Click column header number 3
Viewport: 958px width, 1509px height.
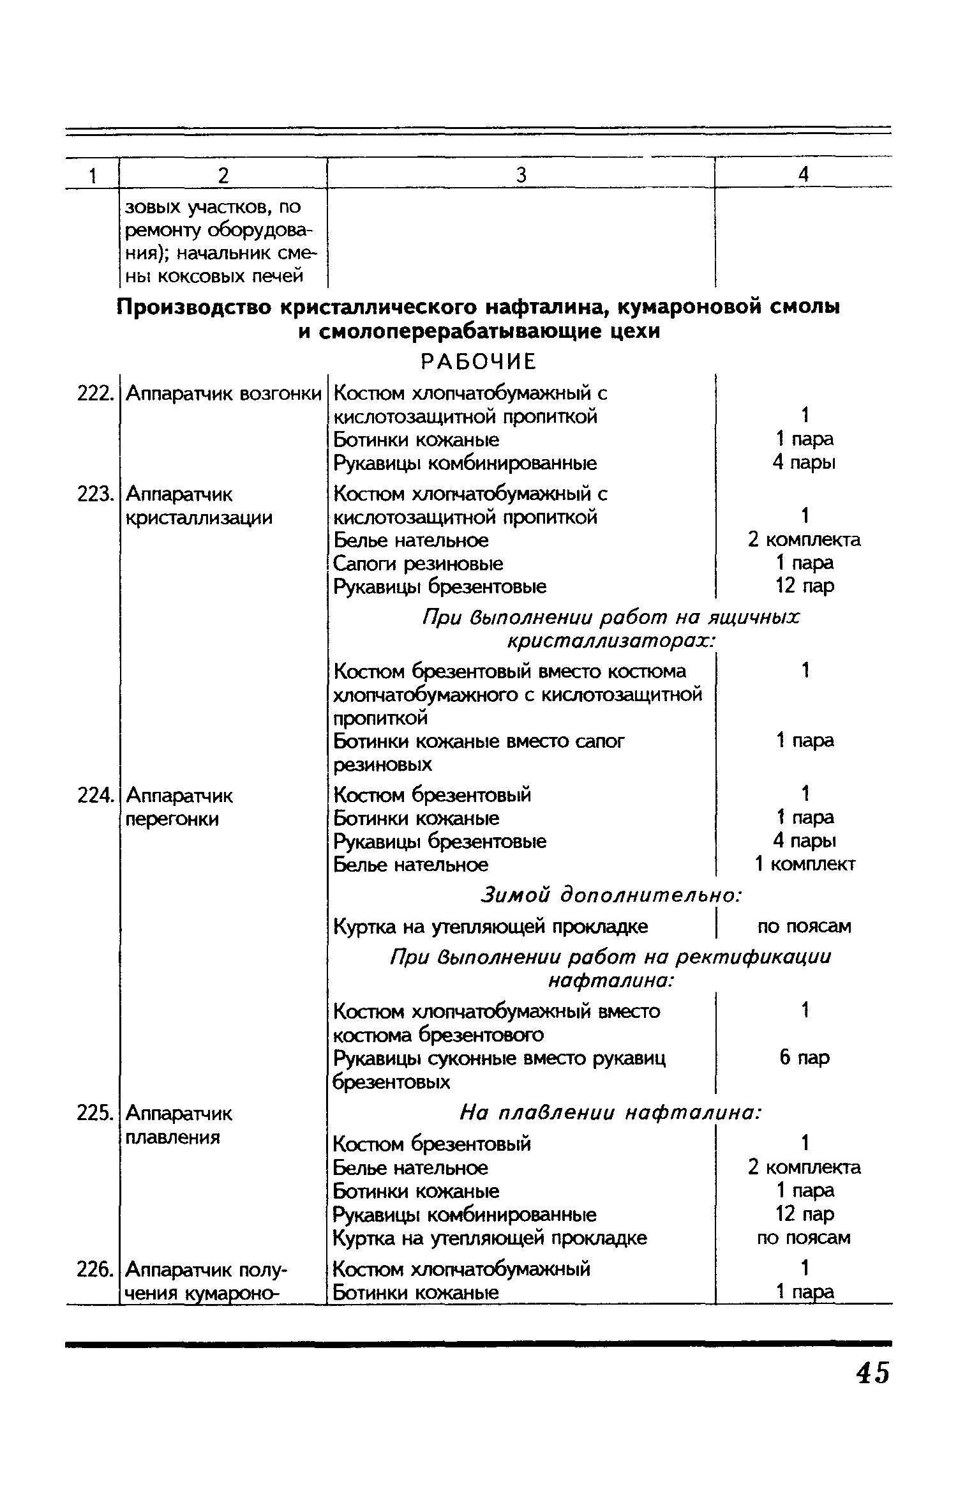point(521,174)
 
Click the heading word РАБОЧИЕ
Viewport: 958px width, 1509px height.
point(479,362)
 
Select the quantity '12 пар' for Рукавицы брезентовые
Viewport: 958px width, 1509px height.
point(804,586)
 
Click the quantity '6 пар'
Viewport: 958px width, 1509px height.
point(804,1058)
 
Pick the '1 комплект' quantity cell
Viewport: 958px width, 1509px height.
point(804,865)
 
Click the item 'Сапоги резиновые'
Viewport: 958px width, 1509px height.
point(419,563)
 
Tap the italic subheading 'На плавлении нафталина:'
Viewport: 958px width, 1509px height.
point(610,1114)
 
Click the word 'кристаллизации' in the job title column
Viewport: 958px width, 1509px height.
point(199,517)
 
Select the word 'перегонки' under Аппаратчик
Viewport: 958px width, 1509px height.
point(172,819)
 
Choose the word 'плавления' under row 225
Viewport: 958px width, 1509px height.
point(173,1137)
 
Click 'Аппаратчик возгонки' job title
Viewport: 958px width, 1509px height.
point(223,394)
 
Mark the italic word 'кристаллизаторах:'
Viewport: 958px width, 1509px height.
point(610,641)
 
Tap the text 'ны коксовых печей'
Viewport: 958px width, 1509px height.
point(213,277)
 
